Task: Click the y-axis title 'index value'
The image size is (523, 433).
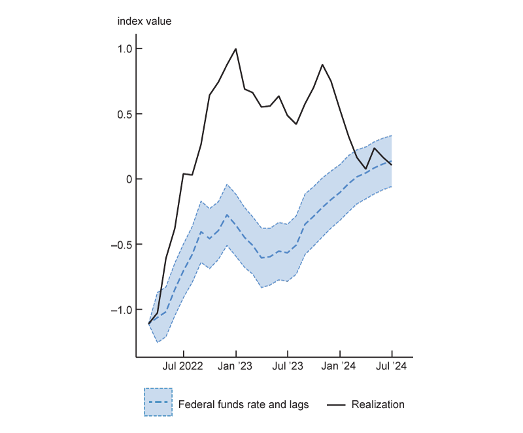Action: tap(144, 21)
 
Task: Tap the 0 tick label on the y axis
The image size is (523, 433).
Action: tap(129, 179)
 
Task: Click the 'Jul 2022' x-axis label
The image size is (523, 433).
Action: tap(183, 367)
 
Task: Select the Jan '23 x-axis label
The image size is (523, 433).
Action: tap(235, 367)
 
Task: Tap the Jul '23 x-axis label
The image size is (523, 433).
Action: tap(288, 367)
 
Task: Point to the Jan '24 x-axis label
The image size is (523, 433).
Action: tap(340, 367)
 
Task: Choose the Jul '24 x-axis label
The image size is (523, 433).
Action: tap(392, 367)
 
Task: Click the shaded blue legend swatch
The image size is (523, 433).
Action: tap(158, 402)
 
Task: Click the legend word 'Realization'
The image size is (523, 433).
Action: tap(378, 404)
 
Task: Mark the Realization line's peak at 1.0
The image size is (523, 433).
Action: tap(235, 48)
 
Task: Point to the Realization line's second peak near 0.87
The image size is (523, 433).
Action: tap(322, 65)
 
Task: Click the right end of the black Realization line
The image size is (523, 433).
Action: tap(392, 164)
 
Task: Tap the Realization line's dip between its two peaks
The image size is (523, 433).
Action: tap(296, 124)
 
